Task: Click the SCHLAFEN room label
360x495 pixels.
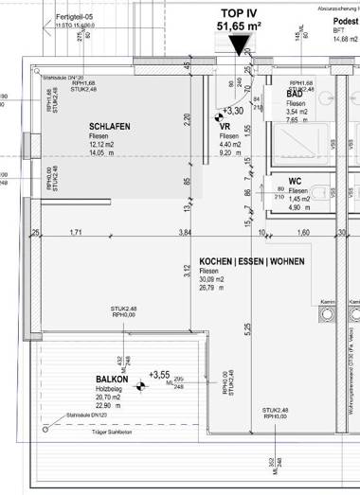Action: click(x=110, y=126)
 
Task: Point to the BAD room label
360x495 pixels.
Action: click(x=296, y=96)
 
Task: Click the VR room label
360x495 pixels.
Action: click(x=225, y=126)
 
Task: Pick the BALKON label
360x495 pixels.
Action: click(x=112, y=380)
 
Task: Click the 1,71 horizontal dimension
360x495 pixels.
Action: click(x=77, y=232)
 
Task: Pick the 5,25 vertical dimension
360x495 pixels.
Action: click(x=246, y=328)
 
